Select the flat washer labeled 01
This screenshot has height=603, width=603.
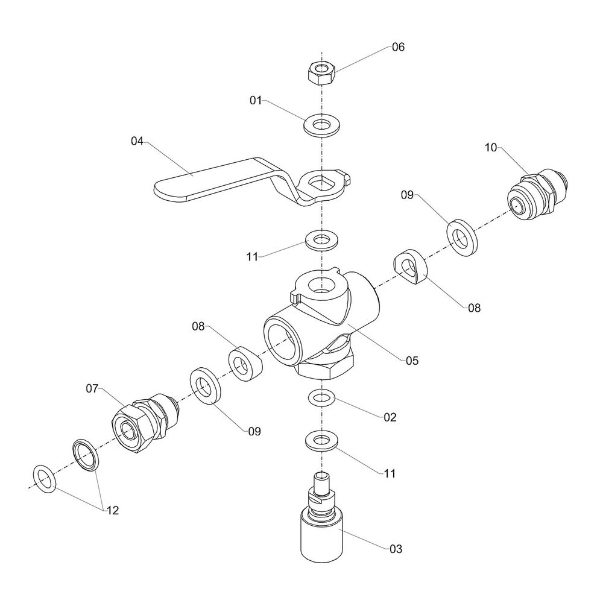(x=320, y=125)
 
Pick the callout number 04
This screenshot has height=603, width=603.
(x=137, y=141)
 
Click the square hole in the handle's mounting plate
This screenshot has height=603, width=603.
(x=321, y=181)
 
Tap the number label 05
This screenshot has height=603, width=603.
(x=411, y=361)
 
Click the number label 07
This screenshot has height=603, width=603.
(x=91, y=389)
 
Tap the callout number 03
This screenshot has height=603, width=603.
(x=396, y=549)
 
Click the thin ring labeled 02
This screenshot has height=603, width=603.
(x=320, y=399)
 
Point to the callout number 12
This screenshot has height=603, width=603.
(x=112, y=510)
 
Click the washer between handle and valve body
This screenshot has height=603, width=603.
(x=320, y=239)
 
